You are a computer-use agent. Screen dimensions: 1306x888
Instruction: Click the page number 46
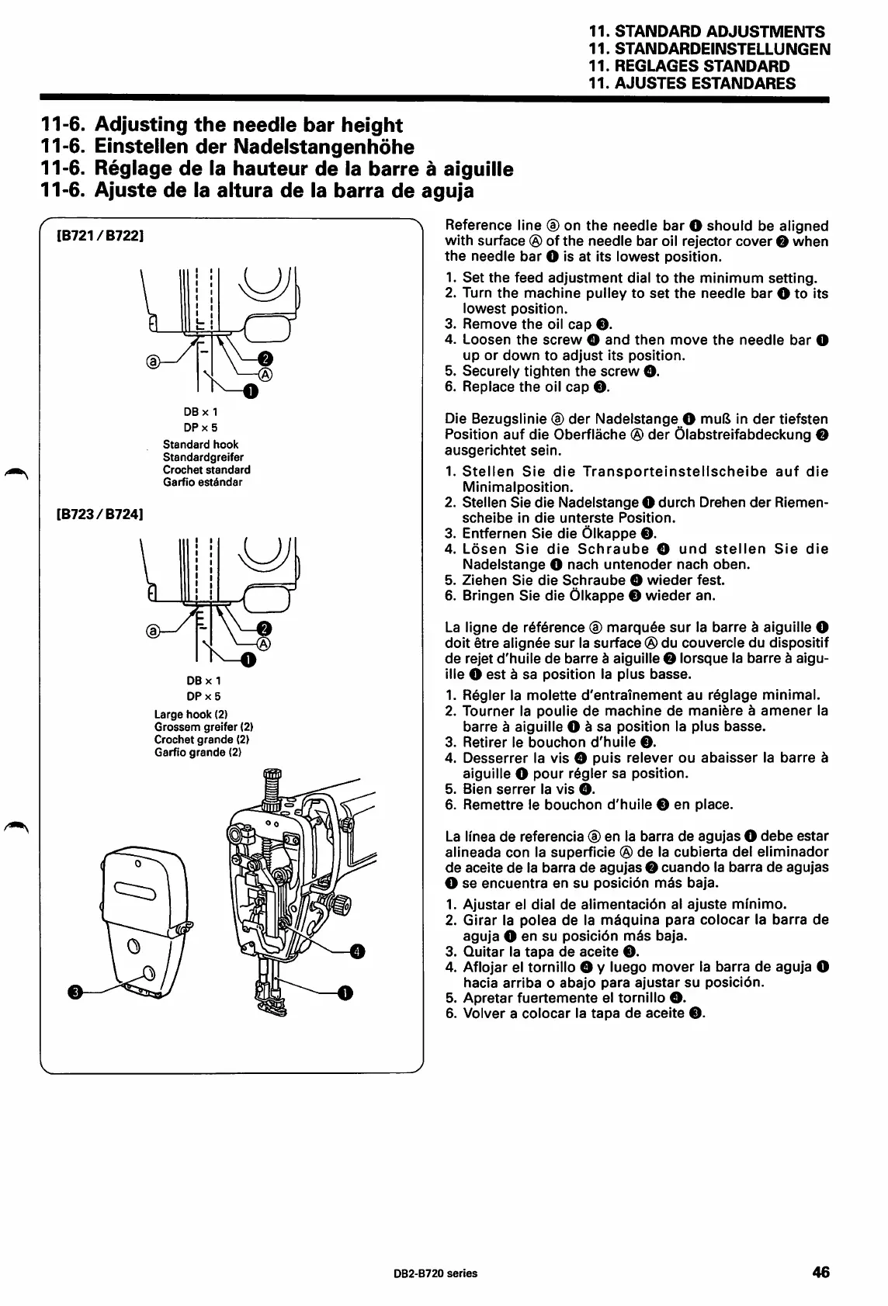820,1273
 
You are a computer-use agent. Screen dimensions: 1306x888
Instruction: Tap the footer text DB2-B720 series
441,1273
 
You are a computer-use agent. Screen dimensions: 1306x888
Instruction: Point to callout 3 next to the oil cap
75,992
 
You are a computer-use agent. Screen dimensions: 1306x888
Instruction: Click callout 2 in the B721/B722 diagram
265,358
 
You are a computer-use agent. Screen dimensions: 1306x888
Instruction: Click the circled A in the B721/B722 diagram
265,375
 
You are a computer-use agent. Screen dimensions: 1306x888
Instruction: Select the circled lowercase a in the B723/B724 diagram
153,631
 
